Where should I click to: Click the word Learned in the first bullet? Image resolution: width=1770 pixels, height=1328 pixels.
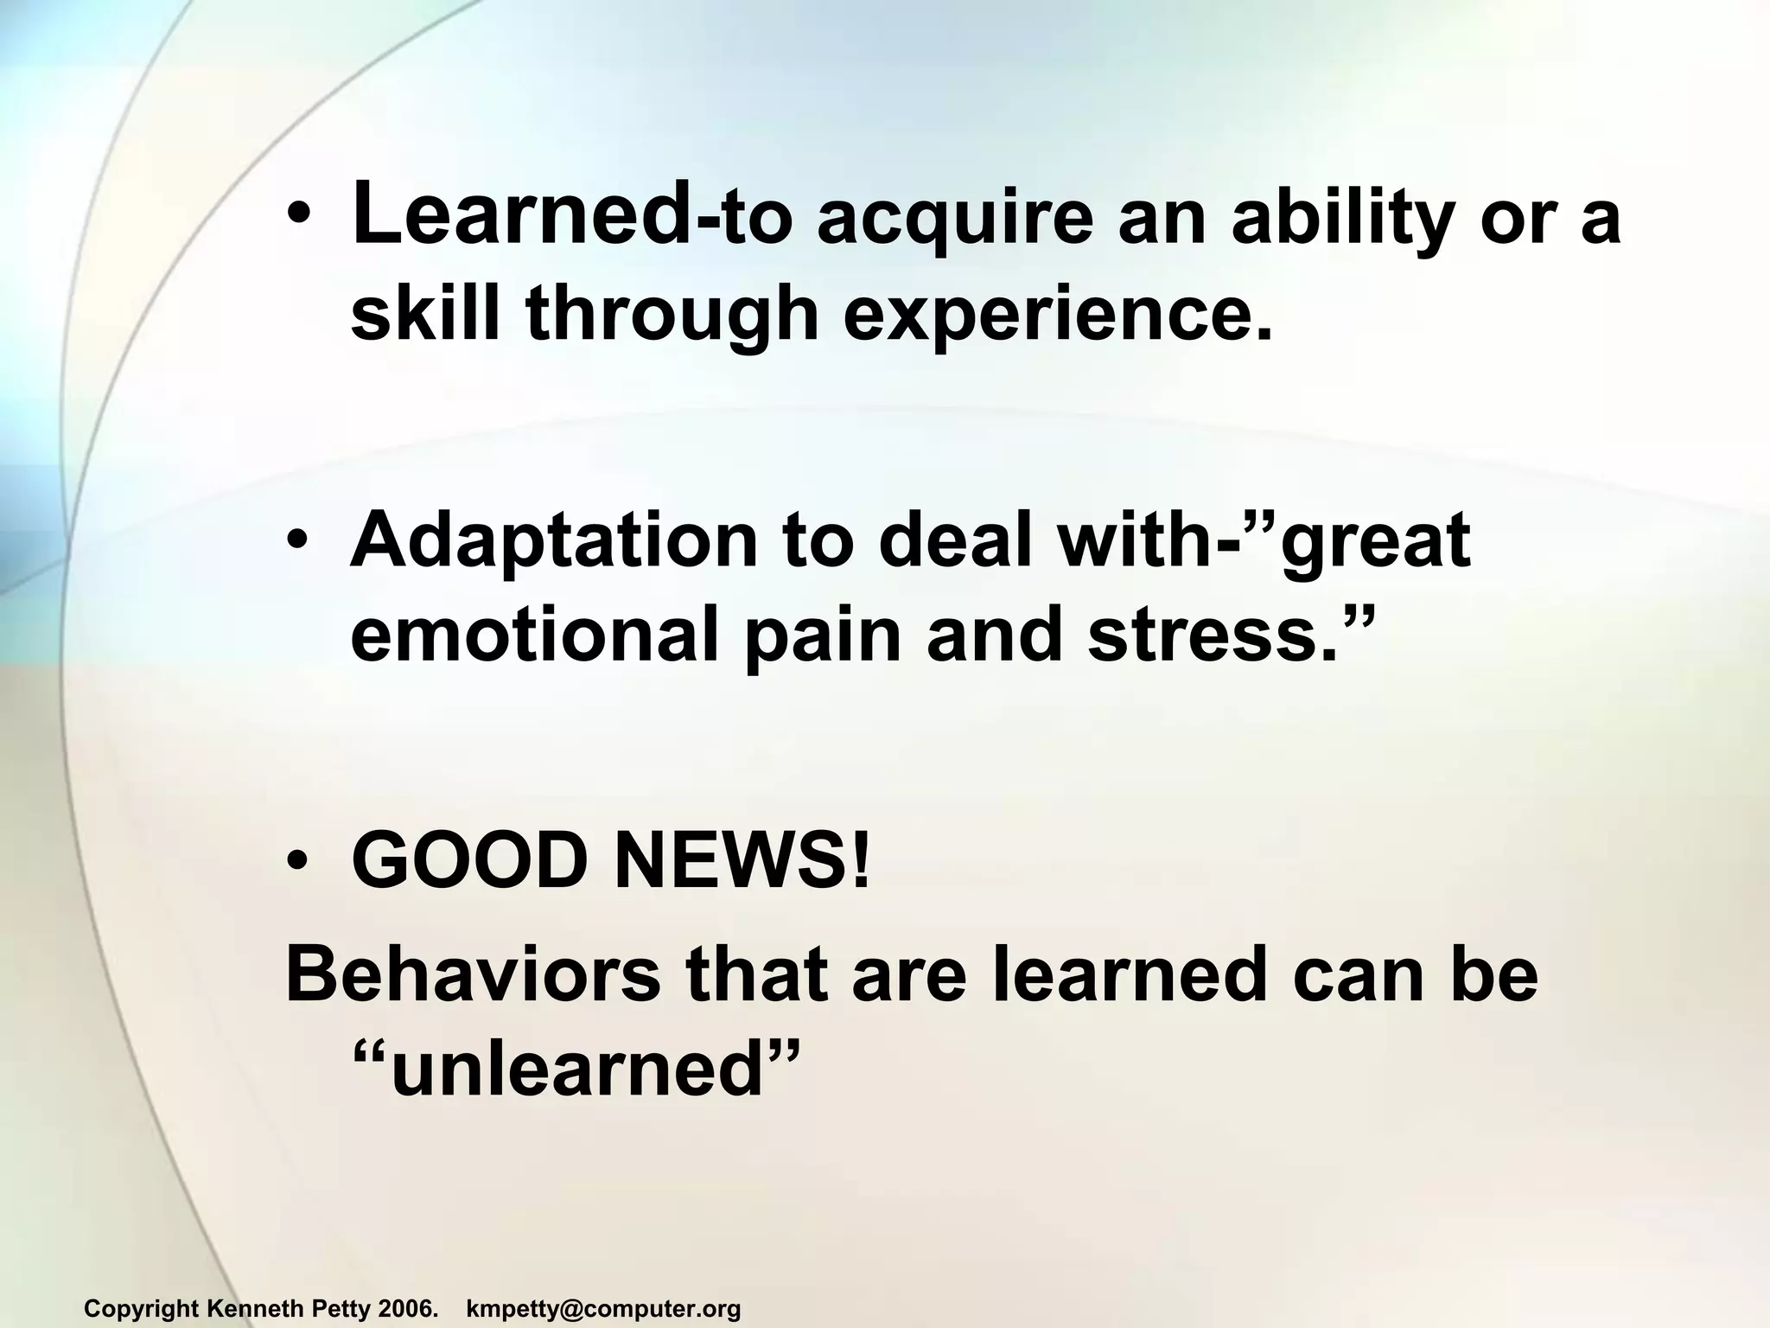pos(522,214)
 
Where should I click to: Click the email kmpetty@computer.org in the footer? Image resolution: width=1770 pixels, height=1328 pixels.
pos(603,1309)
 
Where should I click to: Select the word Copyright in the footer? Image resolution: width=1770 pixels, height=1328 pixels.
pos(142,1309)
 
